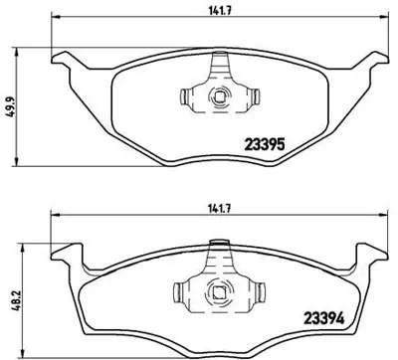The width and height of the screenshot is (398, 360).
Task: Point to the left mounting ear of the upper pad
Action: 62,66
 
